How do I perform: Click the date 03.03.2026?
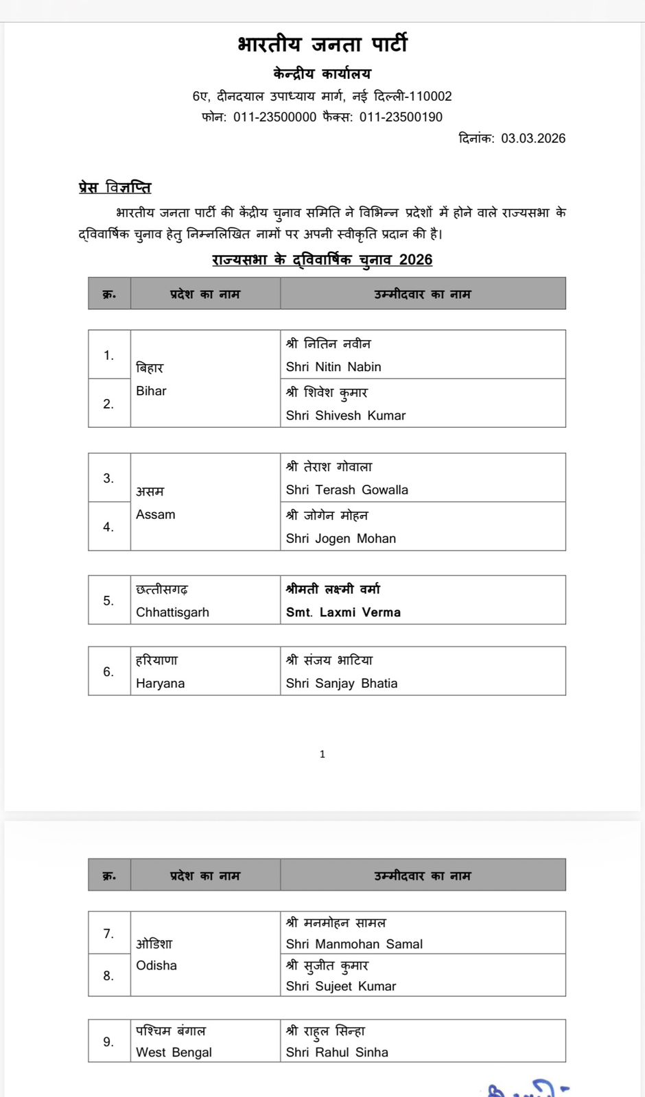(533, 138)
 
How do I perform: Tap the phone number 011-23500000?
(274, 117)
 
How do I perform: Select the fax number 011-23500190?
(401, 117)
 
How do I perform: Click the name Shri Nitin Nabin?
(333, 367)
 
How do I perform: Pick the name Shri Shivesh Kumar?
(346, 415)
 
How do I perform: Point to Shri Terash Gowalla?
(347, 490)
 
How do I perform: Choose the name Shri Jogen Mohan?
(341, 538)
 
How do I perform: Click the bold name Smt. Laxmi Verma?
(343, 612)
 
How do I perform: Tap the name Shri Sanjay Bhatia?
(342, 683)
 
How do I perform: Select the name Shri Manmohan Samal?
(354, 944)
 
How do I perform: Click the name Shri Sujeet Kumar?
(341, 986)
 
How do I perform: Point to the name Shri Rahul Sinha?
(337, 1052)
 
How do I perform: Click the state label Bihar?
(151, 391)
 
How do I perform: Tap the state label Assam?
(156, 514)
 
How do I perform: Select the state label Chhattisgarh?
(172, 612)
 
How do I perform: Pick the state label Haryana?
(160, 683)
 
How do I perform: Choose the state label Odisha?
(156, 965)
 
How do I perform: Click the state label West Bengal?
(174, 1052)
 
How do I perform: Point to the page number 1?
(322, 754)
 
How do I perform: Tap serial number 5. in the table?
(108, 601)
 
